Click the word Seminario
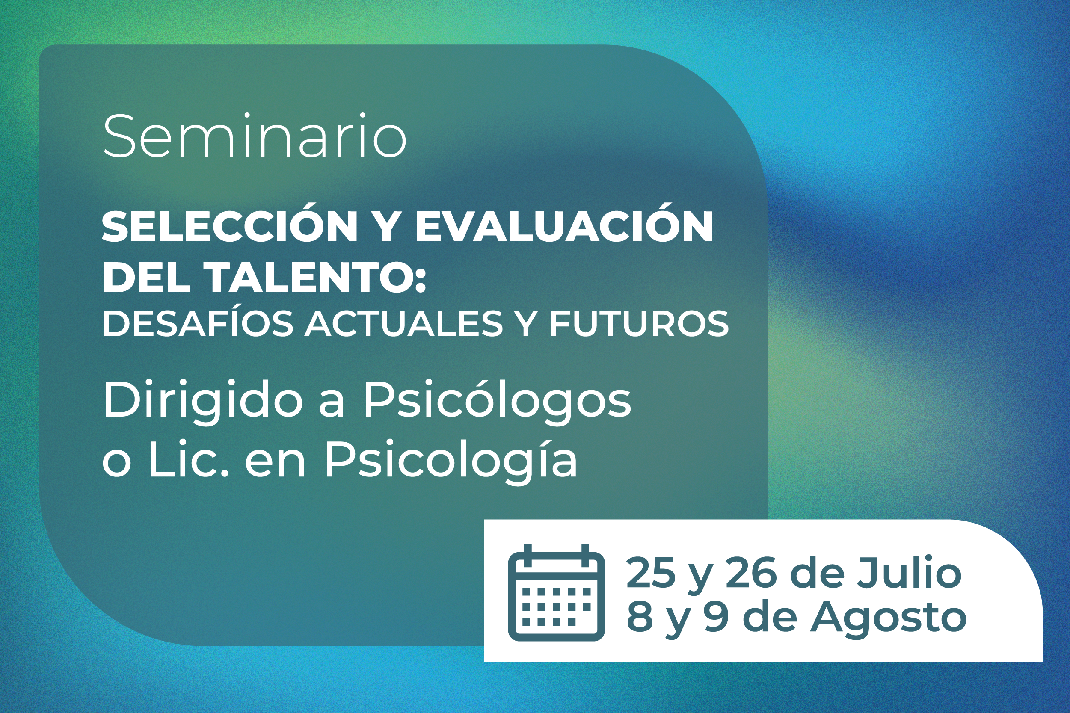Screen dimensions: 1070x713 tap(255, 136)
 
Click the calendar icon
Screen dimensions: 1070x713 tap(556, 593)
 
